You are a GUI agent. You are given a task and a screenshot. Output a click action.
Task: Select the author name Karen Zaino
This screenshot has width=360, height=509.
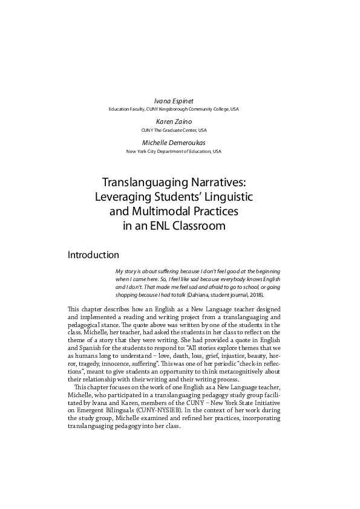click(173, 122)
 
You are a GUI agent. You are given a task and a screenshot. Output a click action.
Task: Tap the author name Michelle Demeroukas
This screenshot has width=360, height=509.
click(174, 142)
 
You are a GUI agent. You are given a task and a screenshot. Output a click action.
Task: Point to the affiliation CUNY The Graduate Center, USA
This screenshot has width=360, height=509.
click(173, 130)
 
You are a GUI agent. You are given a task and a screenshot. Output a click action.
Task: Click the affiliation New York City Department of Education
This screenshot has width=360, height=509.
click(174, 151)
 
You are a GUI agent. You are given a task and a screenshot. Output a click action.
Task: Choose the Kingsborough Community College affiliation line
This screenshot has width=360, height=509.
click(174, 109)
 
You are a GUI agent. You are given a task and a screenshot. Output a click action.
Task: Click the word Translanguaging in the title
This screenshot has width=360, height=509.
click(142, 181)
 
